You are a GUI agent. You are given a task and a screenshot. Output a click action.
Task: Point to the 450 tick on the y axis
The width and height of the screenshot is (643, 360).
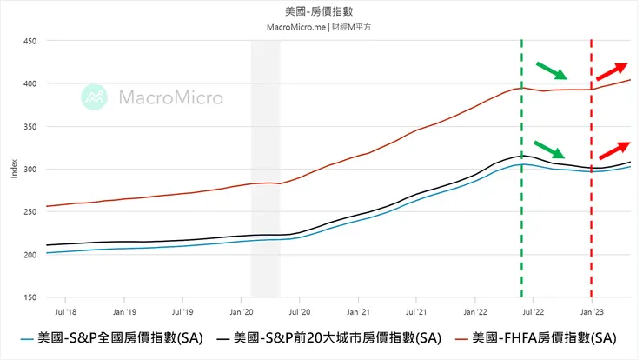[29, 42]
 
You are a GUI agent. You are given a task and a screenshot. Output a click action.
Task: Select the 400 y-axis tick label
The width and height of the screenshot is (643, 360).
[29, 84]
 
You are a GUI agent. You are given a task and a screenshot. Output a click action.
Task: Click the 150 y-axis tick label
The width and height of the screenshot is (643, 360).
[29, 297]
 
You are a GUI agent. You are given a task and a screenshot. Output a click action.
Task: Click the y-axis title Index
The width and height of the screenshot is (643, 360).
[13, 170]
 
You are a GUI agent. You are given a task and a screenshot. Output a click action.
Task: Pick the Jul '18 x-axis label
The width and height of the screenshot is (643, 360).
[64, 310]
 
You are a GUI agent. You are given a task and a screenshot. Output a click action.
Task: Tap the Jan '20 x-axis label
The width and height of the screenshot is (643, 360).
[241, 310]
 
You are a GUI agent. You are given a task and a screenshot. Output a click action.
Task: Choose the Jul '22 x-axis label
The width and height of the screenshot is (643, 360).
[534, 310]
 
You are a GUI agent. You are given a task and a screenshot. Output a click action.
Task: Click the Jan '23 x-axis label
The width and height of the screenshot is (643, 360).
[592, 310]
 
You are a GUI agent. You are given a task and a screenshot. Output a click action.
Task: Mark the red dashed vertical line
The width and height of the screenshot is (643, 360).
[592, 217]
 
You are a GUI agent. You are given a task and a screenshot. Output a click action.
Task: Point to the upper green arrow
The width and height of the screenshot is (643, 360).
[552, 70]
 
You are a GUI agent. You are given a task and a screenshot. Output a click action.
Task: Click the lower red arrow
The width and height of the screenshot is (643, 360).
[613, 151]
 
